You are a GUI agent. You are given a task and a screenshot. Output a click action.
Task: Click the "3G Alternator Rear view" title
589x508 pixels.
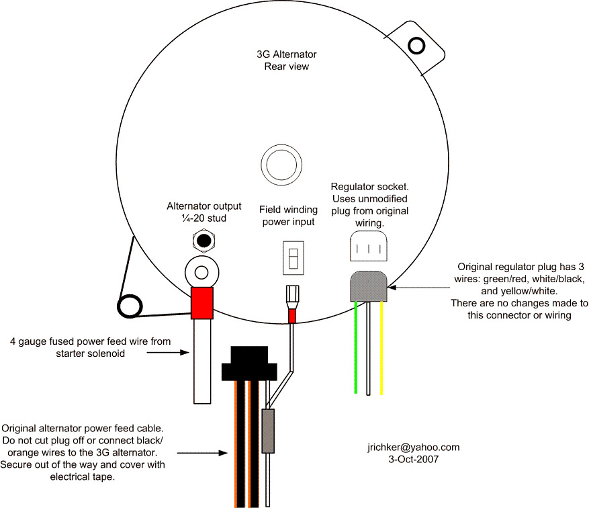(x=287, y=60)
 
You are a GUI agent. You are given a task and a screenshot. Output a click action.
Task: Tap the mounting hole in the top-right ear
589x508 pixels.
(x=416, y=46)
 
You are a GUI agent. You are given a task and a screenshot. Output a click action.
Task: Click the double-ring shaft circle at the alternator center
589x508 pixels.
(x=281, y=165)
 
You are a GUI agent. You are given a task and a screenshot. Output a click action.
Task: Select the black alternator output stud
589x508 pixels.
(x=204, y=241)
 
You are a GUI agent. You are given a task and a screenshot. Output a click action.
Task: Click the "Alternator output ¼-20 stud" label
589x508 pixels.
(x=204, y=212)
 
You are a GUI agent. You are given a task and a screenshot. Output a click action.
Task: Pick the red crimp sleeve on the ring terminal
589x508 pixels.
(x=202, y=303)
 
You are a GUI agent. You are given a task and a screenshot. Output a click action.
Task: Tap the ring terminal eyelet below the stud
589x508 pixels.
(x=202, y=272)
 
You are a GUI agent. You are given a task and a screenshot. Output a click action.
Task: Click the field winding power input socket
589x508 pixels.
(x=293, y=258)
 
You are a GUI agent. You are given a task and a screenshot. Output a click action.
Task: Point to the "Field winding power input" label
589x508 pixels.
(x=289, y=216)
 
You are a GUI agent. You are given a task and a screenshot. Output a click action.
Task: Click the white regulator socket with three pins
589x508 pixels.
(x=369, y=246)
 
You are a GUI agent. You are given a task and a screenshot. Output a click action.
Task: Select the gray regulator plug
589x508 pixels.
(x=369, y=286)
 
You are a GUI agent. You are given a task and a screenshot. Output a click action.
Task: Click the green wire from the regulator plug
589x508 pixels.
(x=356, y=347)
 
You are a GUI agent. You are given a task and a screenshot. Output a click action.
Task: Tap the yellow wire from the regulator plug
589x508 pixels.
(x=381, y=348)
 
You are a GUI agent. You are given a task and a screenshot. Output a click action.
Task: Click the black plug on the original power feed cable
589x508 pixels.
(x=249, y=364)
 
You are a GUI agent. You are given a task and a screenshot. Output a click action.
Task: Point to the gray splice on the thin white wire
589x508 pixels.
(x=268, y=431)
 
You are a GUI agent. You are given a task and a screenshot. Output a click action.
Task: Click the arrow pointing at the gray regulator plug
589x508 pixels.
(x=419, y=288)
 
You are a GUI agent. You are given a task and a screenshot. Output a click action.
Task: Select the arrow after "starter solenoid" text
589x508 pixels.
(x=167, y=353)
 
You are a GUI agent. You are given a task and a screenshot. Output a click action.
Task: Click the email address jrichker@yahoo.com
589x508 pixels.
(x=414, y=447)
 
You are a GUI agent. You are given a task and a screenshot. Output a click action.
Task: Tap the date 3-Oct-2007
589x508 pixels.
(x=414, y=459)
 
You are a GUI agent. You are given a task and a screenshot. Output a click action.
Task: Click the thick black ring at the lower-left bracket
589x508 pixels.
(x=130, y=306)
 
